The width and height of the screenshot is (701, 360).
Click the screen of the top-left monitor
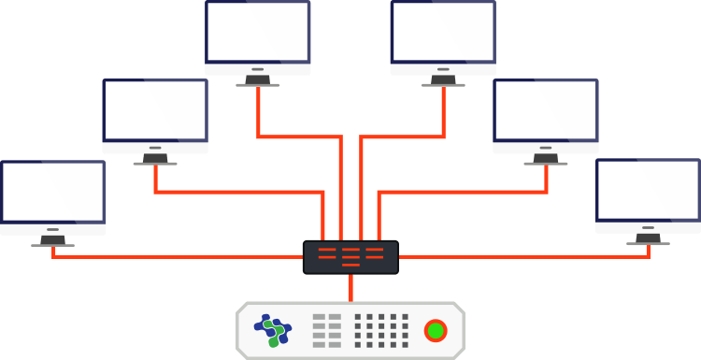point(258,32)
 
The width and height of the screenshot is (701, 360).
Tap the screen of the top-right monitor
point(443,32)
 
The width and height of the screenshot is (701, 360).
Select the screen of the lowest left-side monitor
point(52,192)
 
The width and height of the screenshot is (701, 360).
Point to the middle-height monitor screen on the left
point(155,110)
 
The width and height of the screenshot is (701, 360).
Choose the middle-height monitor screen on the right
point(546,110)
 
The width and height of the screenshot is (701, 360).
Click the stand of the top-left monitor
point(257,80)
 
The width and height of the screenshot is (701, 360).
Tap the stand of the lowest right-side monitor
point(648,239)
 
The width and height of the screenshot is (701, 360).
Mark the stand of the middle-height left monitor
point(155,160)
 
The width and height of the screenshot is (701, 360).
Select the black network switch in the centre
point(350,257)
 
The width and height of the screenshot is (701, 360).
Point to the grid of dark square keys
point(380,330)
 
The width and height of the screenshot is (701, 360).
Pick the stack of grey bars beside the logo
point(327,330)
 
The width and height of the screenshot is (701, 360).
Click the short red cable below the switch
point(350,288)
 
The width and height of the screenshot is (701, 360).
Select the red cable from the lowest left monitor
point(178,255)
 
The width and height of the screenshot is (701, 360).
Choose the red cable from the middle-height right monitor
point(463,193)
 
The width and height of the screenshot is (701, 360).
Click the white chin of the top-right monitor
point(443,68)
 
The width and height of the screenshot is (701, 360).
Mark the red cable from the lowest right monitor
point(523,255)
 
